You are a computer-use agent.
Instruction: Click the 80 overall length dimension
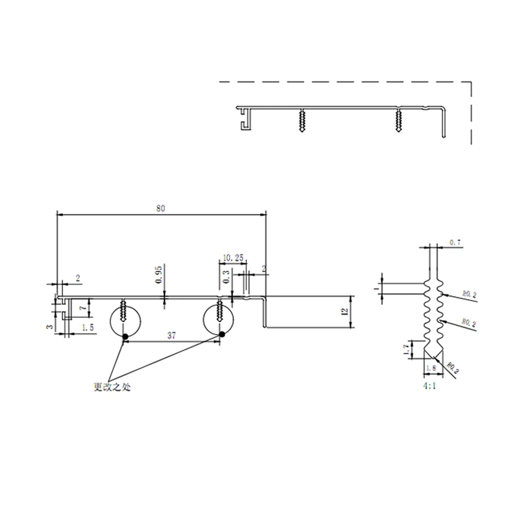coord(161,208)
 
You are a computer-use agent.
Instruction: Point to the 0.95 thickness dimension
coord(159,274)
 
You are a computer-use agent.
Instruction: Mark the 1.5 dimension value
coord(88,328)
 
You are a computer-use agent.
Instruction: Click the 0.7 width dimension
coord(456,243)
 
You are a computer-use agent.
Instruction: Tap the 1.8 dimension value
coord(433,367)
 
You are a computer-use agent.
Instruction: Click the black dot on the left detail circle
coord(124,335)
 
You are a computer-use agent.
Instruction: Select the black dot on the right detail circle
coord(222,334)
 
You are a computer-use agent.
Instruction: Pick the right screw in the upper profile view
coord(398,121)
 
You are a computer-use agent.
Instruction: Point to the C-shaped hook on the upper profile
coord(243,120)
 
